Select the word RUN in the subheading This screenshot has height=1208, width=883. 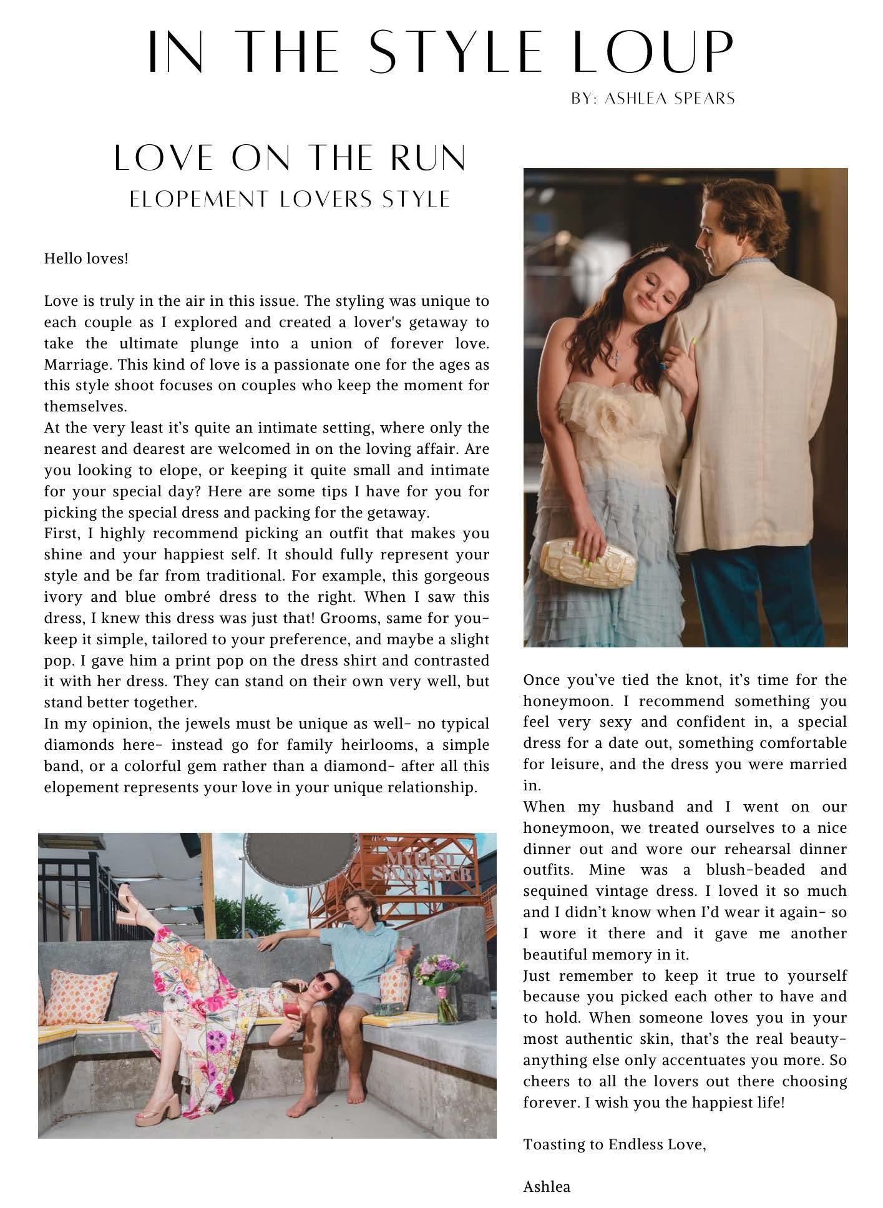click(x=428, y=159)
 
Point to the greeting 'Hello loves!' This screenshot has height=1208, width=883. click(x=86, y=258)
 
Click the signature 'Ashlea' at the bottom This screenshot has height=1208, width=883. click(x=546, y=1187)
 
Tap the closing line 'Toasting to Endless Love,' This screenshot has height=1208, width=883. click(x=614, y=1144)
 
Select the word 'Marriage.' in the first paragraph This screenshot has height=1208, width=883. click(x=75, y=364)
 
